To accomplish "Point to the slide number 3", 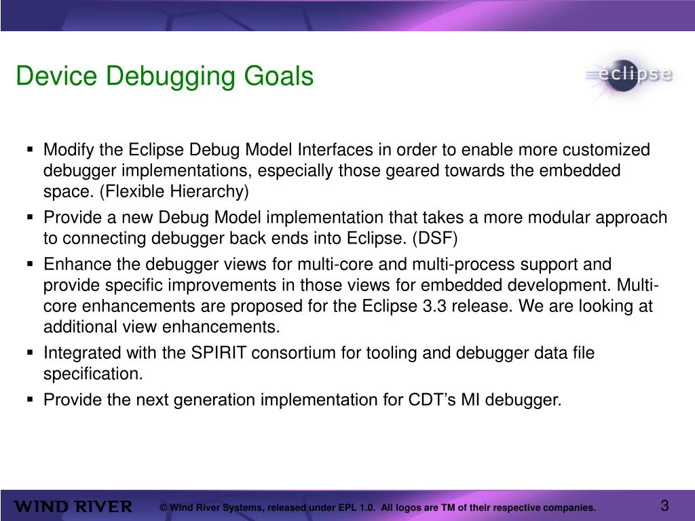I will coord(664,506).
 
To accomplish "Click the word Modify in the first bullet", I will coord(66,150).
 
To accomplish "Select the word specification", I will coord(93,374).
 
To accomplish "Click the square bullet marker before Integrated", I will coord(31,353).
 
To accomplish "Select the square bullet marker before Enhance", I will coord(31,263).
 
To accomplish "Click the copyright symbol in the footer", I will coord(164,508).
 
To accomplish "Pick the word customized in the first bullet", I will coord(607,150).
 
